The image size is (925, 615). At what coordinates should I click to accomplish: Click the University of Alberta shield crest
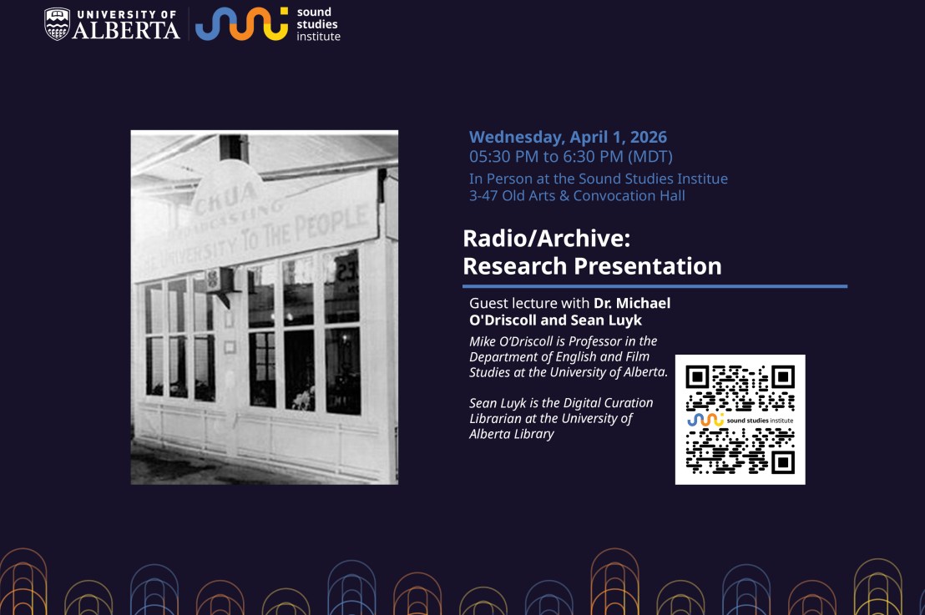click(x=58, y=23)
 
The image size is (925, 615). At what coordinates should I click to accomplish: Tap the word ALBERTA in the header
click(x=125, y=31)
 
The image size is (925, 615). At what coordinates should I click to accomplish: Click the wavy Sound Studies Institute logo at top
click(x=241, y=23)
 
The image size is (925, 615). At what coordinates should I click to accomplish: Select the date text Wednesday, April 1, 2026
click(x=568, y=137)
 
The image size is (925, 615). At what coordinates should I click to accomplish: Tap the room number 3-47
click(x=485, y=196)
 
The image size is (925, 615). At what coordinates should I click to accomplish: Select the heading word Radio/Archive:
click(x=546, y=239)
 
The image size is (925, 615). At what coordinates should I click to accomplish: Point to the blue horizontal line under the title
click(x=655, y=286)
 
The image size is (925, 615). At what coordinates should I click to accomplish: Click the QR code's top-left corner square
click(x=697, y=376)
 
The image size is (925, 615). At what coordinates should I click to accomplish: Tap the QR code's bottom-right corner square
click(x=783, y=462)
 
